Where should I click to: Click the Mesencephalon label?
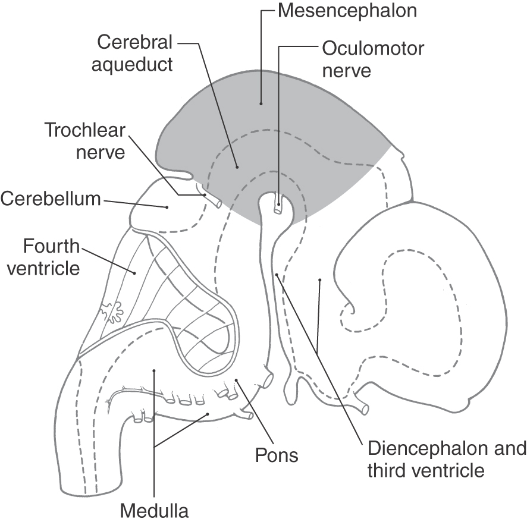[347, 11]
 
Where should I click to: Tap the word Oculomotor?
[373, 49]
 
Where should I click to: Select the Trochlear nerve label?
[84, 141]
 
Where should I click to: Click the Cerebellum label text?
[51, 199]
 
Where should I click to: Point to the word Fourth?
[51, 246]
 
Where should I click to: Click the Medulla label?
[154, 511]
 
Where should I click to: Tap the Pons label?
[277, 455]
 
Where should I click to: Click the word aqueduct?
[132, 64]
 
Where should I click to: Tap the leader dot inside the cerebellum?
[167, 207]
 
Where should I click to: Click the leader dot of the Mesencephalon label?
[261, 103]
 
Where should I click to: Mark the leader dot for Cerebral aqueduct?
[237, 166]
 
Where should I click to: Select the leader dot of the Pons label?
[236, 381]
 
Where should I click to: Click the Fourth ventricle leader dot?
[135, 273]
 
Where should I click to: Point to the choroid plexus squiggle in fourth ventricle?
[112, 311]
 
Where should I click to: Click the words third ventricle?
[426, 470]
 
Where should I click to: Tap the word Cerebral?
[135, 42]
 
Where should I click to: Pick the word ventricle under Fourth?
[43, 268]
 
